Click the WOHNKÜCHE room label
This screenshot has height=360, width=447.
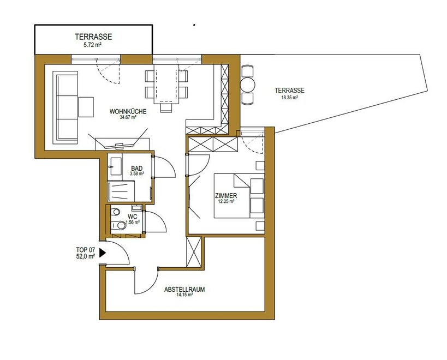tap(128, 111)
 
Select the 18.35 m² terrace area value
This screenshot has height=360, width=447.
tap(289, 98)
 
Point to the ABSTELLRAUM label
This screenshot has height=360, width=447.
tap(184, 290)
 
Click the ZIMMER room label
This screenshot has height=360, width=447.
tap(226, 196)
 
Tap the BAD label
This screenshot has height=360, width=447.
tap(137, 169)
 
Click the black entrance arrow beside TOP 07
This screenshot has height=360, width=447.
tap(103, 253)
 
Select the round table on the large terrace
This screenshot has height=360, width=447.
tap(247, 85)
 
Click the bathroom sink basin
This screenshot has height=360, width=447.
tap(116, 166)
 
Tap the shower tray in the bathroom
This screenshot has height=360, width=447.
tap(121, 191)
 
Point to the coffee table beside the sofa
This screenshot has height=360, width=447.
tap(86, 107)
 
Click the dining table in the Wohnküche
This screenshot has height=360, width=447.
tap(166, 84)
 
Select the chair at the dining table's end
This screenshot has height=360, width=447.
tap(166, 107)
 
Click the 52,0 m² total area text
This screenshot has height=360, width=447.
tap(86, 256)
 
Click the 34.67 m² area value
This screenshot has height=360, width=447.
tap(128, 117)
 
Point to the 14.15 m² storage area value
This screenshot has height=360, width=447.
tap(184, 295)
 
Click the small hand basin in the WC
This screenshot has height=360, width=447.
tap(137, 207)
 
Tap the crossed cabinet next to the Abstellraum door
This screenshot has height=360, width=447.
tap(194, 252)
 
